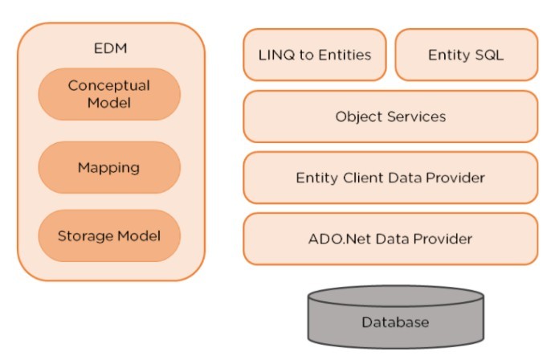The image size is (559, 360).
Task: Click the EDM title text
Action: pyautogui.click(x=110, y=48)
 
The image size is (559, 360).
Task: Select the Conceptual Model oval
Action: pyautogui.click(x=109, y=94)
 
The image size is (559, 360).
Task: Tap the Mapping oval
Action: pyautogui.click(x=109, y=168)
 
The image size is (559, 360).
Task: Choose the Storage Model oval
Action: pyautogui.click(x=109, y=236)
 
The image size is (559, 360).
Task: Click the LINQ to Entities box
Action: pyautogui.click(x=314, y=55)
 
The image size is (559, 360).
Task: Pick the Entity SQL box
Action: pyautogui.click(x=466, y=55)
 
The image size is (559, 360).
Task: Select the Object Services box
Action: pyautogui.click(x=390, y=117)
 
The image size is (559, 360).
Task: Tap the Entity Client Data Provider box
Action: pyautogui.click(x=390, y=178)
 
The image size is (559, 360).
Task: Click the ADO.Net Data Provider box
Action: pyautogui.click(x=390, y=239)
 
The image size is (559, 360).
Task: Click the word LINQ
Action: pyautogui.click(x=274, y=55)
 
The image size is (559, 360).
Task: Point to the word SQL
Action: pyautogui.click(x=490, y=55)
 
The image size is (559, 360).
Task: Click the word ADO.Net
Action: pyautogui.click(x=337, y=239)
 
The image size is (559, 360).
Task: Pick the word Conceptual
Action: pyautogui.click(x=109, y=85)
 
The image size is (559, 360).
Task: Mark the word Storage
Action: pyautogui.click(x=84, y=236)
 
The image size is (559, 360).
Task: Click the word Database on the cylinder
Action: pyautogui.click(x=395, y=323)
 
